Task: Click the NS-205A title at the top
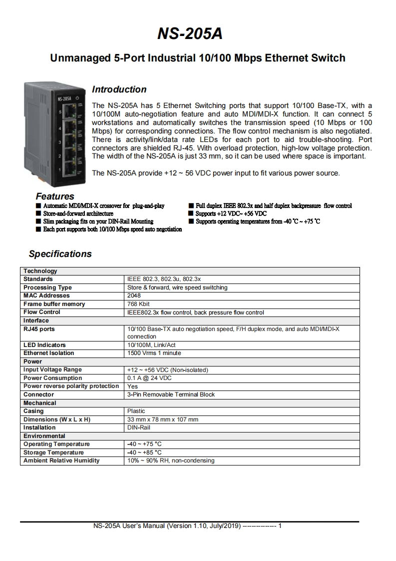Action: (x=190, y=33)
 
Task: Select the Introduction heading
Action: (x=119, y=89)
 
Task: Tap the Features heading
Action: (x=55, y=196)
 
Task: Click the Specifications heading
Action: (x=60, y=253)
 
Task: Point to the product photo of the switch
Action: (x=54, y=134)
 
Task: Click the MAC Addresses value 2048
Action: (x=134, y=295)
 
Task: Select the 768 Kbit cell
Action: (x=138, y=304)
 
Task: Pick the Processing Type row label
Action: (x=47, y=287)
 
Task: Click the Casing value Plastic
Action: (x=136, y=411)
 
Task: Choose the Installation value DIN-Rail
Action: (x=139, y=427)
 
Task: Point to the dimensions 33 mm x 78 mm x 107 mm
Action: (x=163, y=419)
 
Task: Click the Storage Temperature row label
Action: (x=53, y=452)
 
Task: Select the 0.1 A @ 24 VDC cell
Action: (x=149, y=378)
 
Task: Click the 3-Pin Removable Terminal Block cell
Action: (x=171, y=394)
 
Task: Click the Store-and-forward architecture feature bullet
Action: (x=78, y=213)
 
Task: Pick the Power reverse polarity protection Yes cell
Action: (x=132, y=386)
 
